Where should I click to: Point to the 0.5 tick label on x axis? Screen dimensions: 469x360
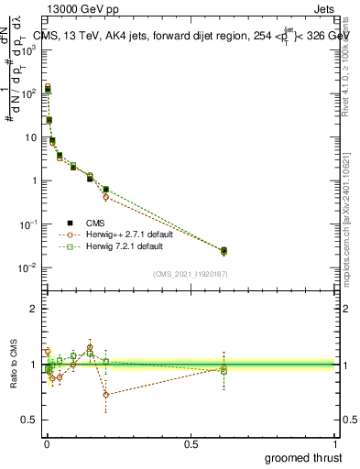(191, 443)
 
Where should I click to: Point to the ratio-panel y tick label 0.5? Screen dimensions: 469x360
(27, 421)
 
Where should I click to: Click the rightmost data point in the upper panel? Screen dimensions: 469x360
(224, 250)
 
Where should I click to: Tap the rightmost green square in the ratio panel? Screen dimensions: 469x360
(224, 371)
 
